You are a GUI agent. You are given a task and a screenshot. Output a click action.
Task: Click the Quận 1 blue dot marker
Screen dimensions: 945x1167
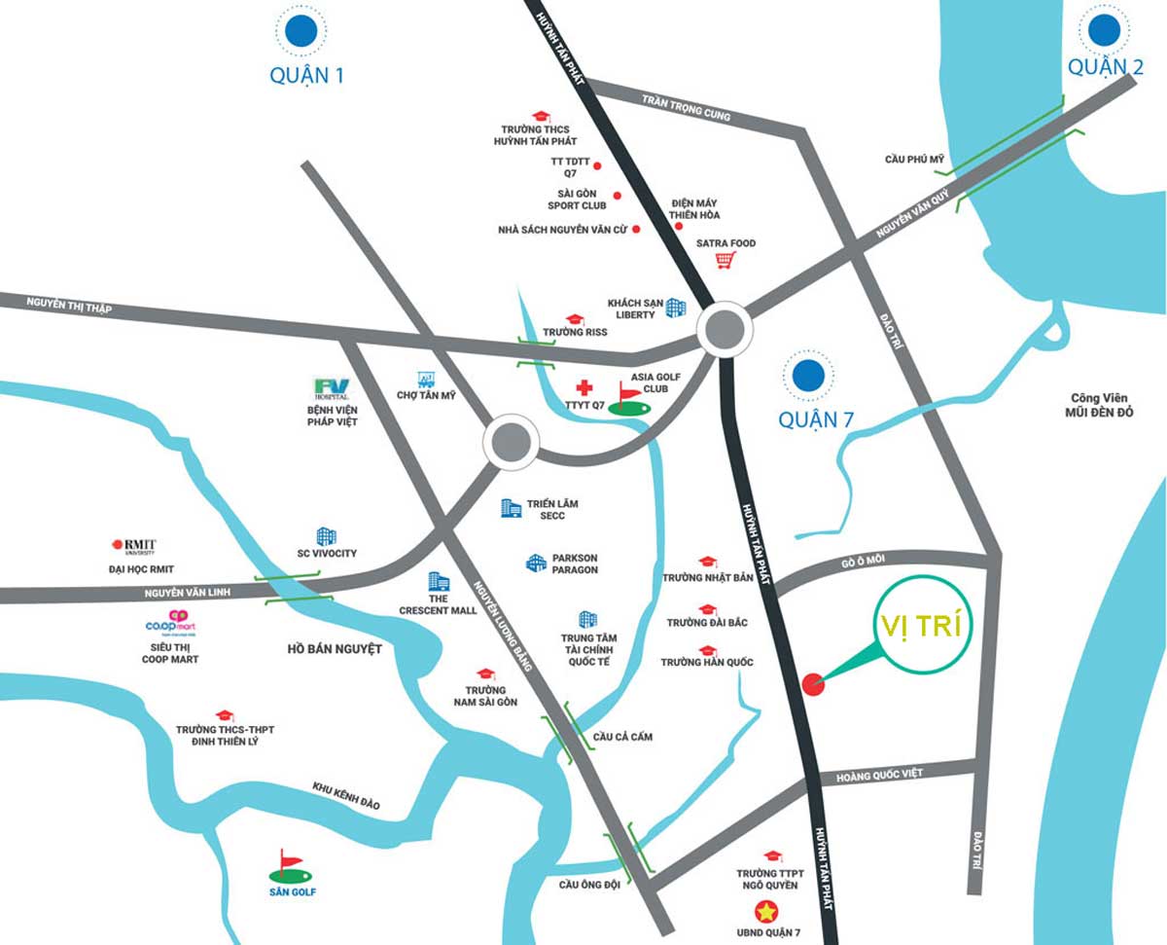click(301, 31)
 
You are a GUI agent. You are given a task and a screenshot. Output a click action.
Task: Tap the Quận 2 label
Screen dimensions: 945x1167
click(1105, 66)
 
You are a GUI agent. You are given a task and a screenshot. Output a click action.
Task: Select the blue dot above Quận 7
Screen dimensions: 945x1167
click(808, 375)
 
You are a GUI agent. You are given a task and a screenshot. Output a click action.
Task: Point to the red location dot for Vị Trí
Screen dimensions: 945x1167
click(813, 684)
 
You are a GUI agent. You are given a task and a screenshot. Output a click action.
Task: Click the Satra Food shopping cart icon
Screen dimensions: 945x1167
click(724, 260)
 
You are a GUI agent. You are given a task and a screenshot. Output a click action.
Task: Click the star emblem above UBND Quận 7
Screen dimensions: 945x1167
click(768, 912)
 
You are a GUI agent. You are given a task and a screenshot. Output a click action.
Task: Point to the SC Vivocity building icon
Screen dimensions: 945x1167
click(326, 536)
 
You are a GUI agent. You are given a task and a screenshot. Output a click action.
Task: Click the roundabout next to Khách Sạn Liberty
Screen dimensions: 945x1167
click(724, 330)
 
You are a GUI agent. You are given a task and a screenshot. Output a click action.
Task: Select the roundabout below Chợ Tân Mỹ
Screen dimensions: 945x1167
click(511, 443)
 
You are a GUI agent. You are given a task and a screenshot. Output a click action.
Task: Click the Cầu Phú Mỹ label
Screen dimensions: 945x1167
click(914, 159)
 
